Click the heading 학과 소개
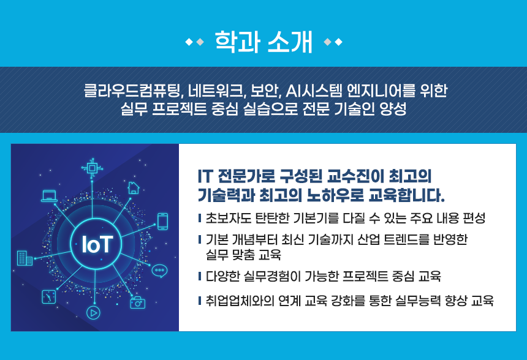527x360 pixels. pos(264,42)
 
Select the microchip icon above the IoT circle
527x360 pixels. pos(92,167)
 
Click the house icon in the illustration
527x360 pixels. pos(134,188)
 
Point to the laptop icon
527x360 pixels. pos(49,196)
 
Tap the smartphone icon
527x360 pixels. pos(162,221)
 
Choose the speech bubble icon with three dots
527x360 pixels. pos(159,271)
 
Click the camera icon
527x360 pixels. pos(137,302)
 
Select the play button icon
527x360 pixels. pos(93,313)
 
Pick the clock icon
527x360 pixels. pos(49,297)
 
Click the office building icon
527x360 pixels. pos(25,258)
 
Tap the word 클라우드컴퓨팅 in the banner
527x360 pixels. pos(132,90)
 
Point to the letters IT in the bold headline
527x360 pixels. pos(205,176)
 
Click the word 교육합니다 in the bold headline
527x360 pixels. pos(406,195)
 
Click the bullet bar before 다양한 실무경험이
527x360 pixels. pos(200,276)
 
